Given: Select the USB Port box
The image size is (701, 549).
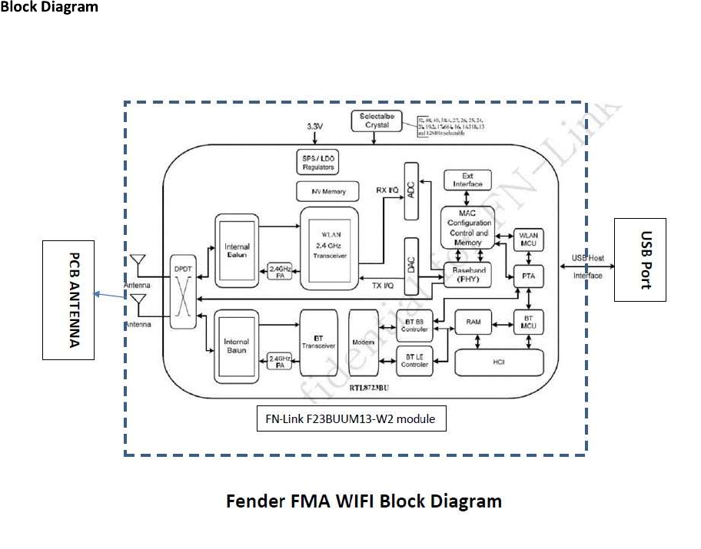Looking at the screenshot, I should [x=640, y=260].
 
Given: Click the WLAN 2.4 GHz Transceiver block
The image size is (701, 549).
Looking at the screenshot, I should [x=330, y=248].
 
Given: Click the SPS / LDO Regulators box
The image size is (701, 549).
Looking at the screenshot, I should [x=317, y=162].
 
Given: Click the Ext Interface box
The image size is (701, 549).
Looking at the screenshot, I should [x=467, y=180].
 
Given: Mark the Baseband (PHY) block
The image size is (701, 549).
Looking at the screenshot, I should [x=468, y=275].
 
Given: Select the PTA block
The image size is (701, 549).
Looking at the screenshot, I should [x=528, y=275].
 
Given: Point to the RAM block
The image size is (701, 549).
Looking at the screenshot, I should [x=473, y=322].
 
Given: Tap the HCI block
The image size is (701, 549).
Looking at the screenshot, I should [x=500, y=362].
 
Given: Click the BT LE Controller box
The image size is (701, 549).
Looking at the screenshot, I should [x=414, y=359].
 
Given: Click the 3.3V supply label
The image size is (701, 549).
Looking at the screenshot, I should [x=314, y=126].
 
